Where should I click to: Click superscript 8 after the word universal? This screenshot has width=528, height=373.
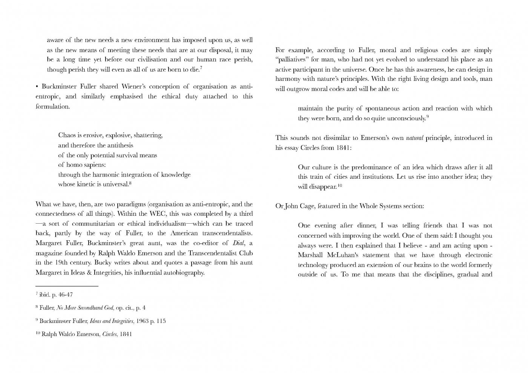(130, 183)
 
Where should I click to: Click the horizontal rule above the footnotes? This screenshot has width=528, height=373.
(67, 286)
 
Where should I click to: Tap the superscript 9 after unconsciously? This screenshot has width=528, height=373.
(428, 117)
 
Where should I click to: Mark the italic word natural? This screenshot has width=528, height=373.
(414, 138)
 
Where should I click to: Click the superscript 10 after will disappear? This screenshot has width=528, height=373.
(339, 186)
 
